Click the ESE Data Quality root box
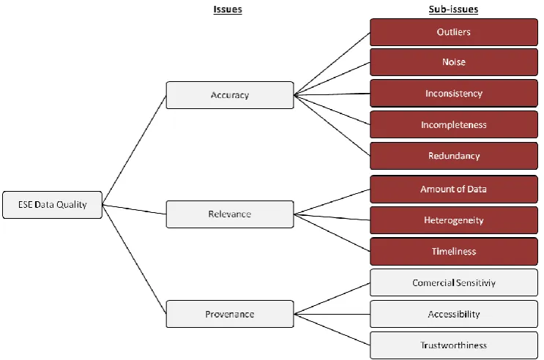pyautogui.click(x=53, y=205)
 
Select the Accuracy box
pyautogui.click(x=230, y=95)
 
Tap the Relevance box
pyautogui.click(x=230, y=214)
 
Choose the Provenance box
pyautogui.click(x=230, y=314)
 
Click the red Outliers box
pyautogui.click(x=454, y=32)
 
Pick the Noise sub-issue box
pyautogui.click(x=454, y=62)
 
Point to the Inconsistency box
pyautogui.click(x=454, y=94)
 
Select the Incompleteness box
pyautogui.click(x=454, y=124)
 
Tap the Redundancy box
pyautogui.click(x=454, y=156)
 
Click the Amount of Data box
pyautogui.click(x=454, y=189)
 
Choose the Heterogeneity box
pyautogui.click(x=454, y=220)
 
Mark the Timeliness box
pyautogui.click(x=454, y=252)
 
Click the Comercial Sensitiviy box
pyautogui.click(x=454, y=282)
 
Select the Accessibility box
pyautogui.click(x=454, y=314)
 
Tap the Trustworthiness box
pyautogui.click(x=454, y=345)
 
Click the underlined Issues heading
pyautogui.click(x=228, y=10)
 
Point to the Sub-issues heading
pyautogui.click(x=453, y=10)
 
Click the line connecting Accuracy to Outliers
pyautogui.click(x=332, y=64)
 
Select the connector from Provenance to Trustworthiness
pyautogui.click(x=332, y=329)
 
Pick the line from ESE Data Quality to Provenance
pyautogui.click(x=134, y=259)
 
